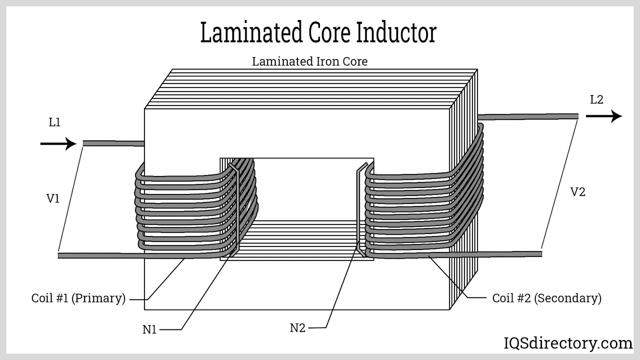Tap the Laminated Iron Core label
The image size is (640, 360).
[310, 62]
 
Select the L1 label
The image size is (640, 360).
[54, 122]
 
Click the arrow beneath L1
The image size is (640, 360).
[58, 144]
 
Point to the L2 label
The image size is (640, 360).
[596, 100]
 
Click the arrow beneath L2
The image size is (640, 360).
[604, 116]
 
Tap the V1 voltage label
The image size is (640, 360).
[53, 198]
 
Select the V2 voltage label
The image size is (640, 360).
[578, 192]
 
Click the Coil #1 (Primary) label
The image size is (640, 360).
[78, 298]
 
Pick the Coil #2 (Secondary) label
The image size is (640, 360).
[547, 298]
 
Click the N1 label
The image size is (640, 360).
[150, 330]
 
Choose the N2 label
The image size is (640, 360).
[298, 328]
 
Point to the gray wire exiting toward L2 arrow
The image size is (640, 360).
[528, 117]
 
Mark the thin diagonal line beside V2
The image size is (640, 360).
[559, 184]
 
